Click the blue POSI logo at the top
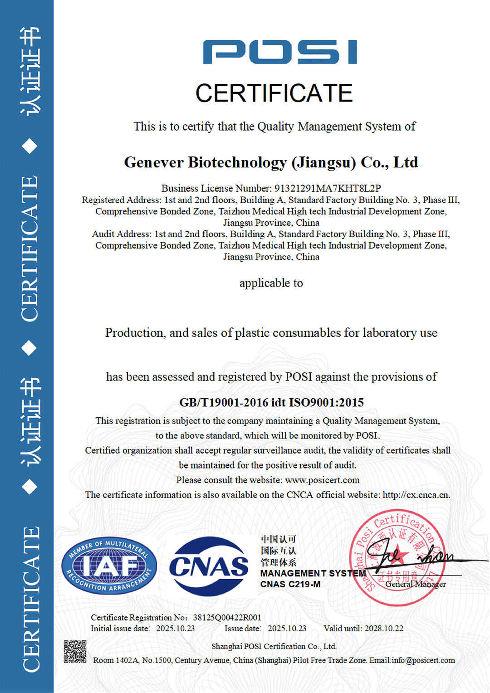(x=280, y=52)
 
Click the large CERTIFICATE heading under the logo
(x=274, y=93)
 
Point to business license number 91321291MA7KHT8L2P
(x=327, y=188)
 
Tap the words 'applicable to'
(x=271, y=283)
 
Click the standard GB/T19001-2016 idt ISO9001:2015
(x=271, y=402)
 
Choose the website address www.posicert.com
(x=322, y=480)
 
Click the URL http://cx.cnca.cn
(x=416, y=495)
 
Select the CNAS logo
(x=209, y=566)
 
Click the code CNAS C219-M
(x=290, y=584)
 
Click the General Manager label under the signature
(x=416, y=584)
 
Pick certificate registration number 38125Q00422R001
(x=227, y=617)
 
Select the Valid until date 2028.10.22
(x=384, y=629)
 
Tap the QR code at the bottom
(x=75, y=651)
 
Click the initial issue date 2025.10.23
(x=175, y=629)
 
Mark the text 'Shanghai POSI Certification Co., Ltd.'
(x=274, y=646)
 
